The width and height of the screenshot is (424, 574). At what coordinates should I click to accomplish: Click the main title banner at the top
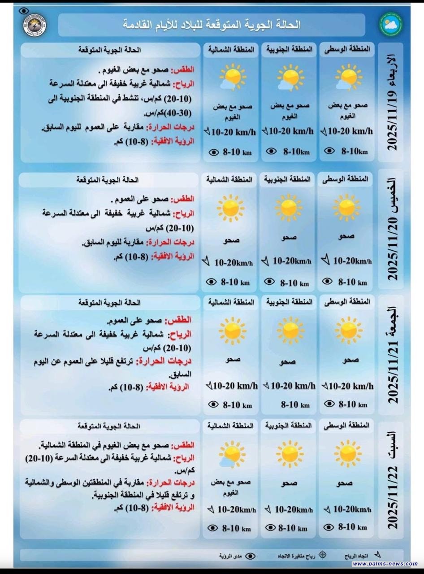coord(212,25)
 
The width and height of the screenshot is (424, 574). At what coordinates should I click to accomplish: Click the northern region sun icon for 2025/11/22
coord(231,454)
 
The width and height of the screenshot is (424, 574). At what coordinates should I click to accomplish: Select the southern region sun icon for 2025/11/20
coord(288,208)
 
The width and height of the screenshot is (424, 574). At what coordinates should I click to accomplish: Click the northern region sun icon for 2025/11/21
coord(232,330)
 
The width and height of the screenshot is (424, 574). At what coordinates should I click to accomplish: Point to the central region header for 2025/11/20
coord(346,179)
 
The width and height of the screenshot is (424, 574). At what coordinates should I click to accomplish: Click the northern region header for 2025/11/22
coord(230,425)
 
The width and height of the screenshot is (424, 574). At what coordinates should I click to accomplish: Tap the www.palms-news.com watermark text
coord(385,564)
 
